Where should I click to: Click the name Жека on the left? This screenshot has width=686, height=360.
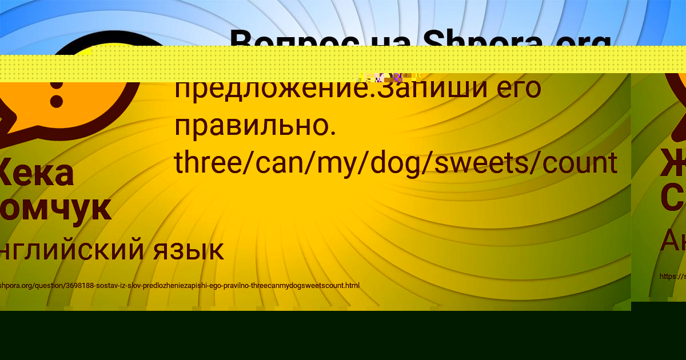[37, 173]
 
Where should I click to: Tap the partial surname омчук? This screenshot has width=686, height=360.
[55, 209]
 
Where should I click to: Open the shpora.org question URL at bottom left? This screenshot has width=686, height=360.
[180, 285]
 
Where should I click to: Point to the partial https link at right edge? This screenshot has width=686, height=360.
[672, 277]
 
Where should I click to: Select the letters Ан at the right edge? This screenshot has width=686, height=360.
[673, 241]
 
